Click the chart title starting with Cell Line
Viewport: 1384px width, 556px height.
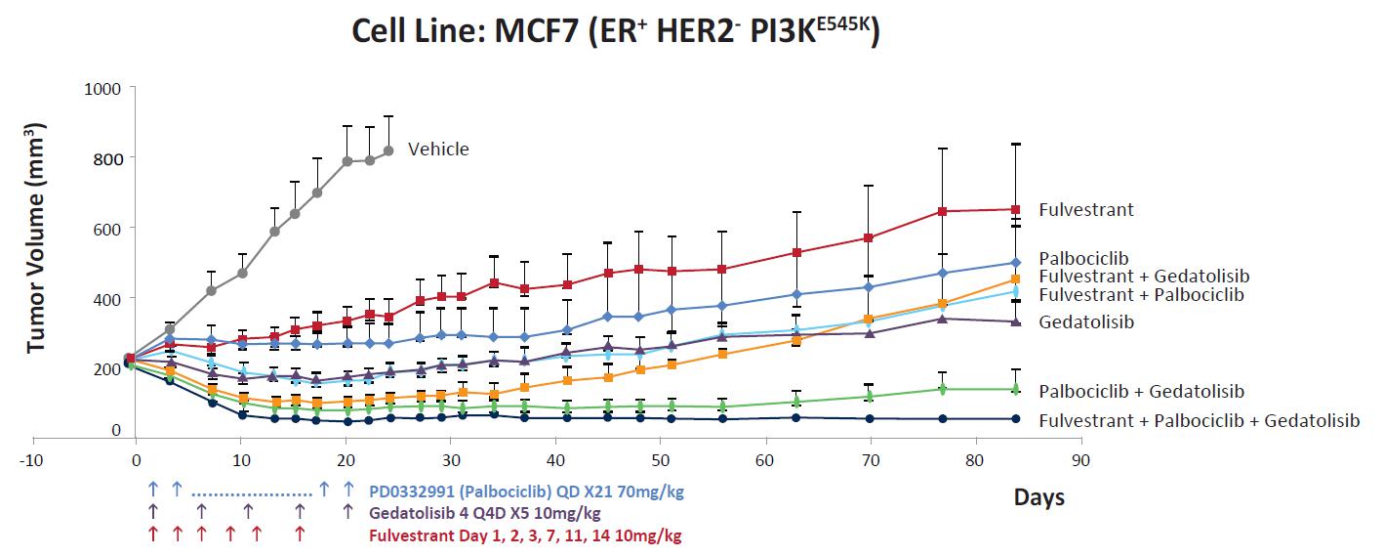[x=616, y=31]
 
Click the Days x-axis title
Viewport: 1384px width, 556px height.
[x=1038, y=497]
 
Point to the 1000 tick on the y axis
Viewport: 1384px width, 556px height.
[x=102, y=88]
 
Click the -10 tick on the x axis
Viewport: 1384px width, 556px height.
[x=32, y=458]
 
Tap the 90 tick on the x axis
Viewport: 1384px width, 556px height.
[x=1080, y=458]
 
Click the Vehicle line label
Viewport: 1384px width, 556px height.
[x=438, y=150]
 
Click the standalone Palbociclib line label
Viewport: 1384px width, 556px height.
[x=1083, y=259]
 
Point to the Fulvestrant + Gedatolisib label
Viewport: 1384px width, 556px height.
[x=1144, y=277]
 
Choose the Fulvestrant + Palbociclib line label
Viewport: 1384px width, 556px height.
[x=1141, y=294]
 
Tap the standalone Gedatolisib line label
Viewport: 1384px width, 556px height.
[x=1086, y=321]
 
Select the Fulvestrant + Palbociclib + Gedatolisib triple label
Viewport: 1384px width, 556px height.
[x=1199, y=421]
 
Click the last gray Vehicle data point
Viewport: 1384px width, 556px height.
[x=388, y=150]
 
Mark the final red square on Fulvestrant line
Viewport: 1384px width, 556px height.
[x=1016, y=209]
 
